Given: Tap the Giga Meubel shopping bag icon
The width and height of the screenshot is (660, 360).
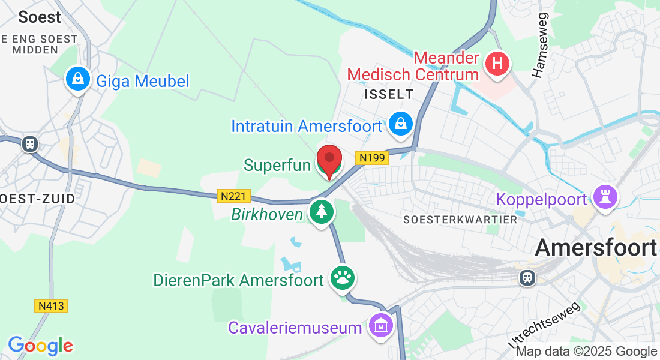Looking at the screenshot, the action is tap(78, 79).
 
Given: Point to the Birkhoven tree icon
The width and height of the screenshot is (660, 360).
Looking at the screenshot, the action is tap(322, 212).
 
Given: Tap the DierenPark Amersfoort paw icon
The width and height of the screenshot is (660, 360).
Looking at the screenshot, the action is tap(343, 278).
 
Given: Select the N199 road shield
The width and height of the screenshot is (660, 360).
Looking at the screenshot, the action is tap(373, 158).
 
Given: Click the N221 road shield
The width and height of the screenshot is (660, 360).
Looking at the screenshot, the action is tap(233, 196).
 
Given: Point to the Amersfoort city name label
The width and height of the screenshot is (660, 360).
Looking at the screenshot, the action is tap(595, 247).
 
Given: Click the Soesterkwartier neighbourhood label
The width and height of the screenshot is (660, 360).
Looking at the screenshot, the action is tap(460, 220).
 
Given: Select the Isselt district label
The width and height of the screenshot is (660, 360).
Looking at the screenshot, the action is tap(389, 94).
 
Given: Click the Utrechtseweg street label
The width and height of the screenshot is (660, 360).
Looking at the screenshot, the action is tap(545, 324).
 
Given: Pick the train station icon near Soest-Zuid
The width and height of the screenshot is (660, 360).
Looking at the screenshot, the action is tap(29, 144).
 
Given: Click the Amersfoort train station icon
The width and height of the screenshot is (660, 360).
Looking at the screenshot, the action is tap(527, 277).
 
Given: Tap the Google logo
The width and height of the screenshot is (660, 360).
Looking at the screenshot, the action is tap(40, 346).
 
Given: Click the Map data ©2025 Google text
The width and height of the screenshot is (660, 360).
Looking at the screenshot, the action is tap(586, 352).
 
